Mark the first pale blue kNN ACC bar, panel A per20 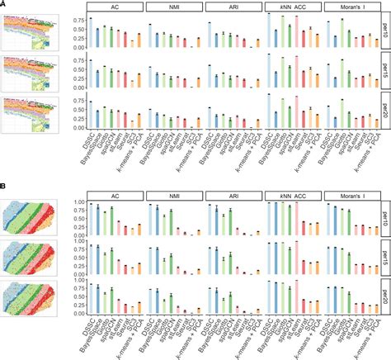pyautogui.click(x=270, y=111)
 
